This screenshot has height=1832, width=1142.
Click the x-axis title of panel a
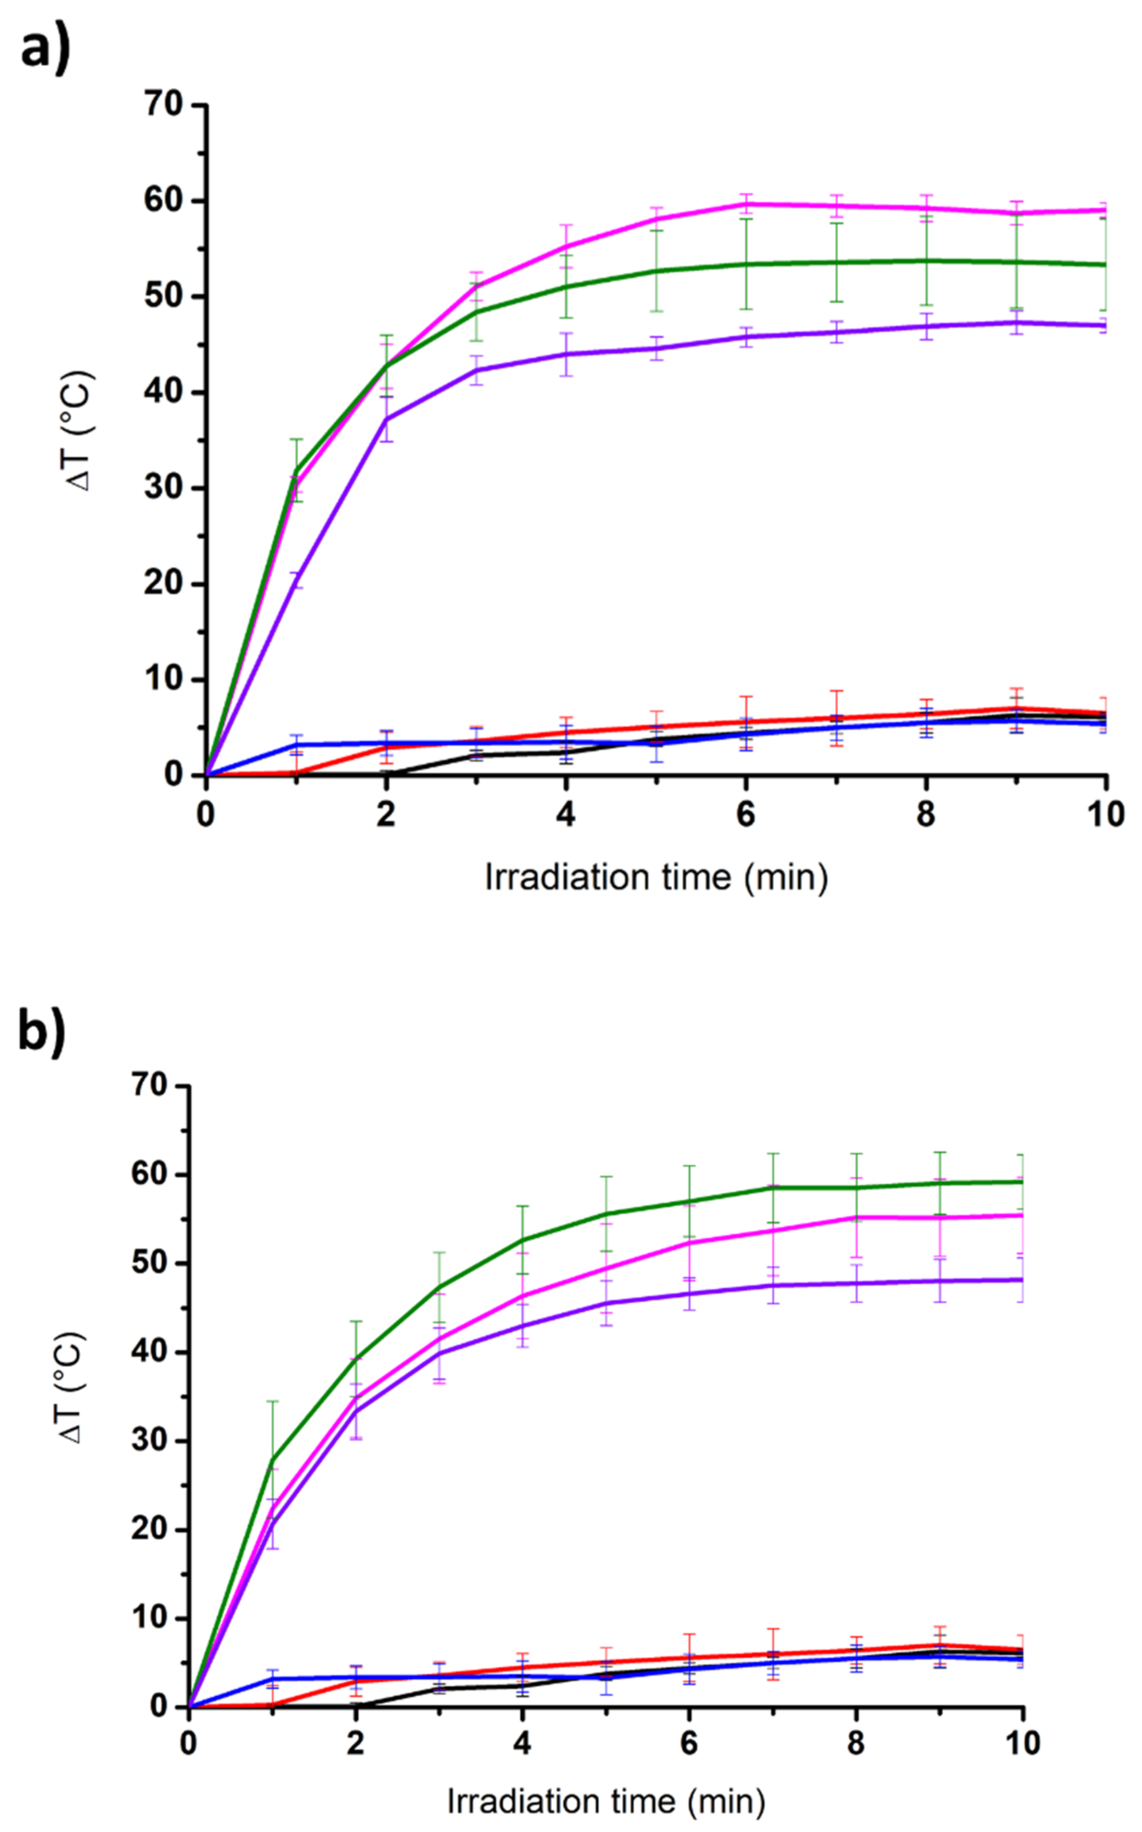[656, 878]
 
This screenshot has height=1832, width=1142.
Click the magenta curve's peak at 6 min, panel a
[746, 204]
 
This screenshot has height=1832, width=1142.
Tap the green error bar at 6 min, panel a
[746, 264]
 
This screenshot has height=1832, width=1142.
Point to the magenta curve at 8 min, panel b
[856, 1217]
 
